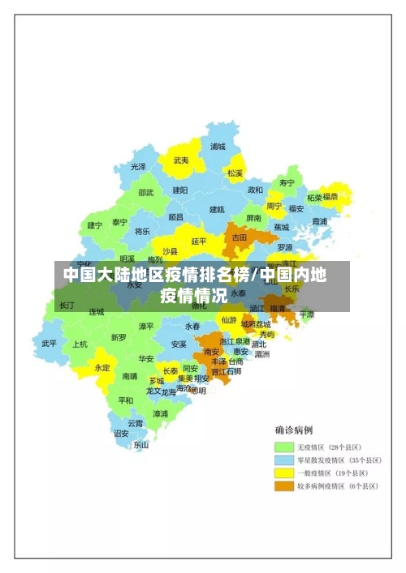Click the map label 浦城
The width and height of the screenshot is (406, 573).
(x=218, y=147)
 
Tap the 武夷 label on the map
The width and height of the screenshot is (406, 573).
(x=181, y=160)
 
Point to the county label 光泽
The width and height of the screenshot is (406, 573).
(x=139, y=167)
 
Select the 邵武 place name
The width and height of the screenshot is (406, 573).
(x=145, y=193)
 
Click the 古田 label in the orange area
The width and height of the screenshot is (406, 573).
(x=240, y=238)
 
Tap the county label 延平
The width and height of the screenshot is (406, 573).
(x=199, y=241)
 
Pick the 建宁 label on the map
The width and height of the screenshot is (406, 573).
(x=95, y=225)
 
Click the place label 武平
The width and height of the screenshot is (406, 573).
(x=50, y=343)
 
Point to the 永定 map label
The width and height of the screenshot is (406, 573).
(x=102, y=367)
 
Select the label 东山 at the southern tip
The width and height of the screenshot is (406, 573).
(x=141, y=444)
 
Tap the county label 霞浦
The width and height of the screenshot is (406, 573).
(x=320, y=221)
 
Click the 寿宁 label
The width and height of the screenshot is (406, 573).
(x=287, y=183)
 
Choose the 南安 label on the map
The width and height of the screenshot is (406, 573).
(x=211, y=352)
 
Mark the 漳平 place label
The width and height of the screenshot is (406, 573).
(x=146, y=326)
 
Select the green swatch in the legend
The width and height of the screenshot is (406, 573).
(x=283, y=447)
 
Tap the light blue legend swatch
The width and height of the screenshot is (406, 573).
(x=283, y=460)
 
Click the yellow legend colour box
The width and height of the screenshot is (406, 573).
(x=283, y=473)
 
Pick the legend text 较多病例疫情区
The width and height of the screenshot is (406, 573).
(x=319, y=486)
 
